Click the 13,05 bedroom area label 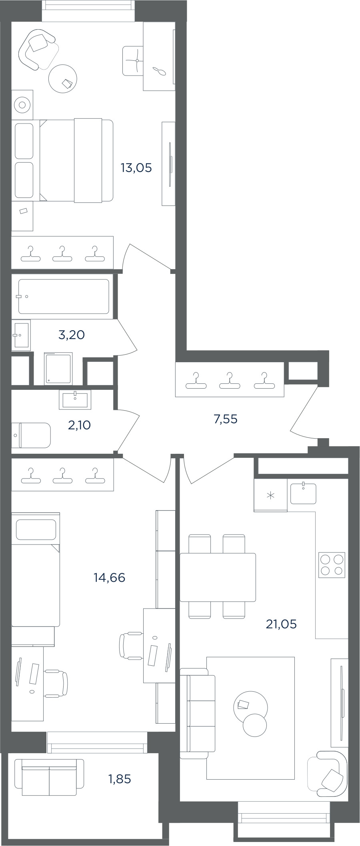(136, 168)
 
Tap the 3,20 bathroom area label (72, 335)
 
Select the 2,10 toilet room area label (79, 425)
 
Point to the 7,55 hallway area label (226, 419)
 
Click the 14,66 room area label (110, 577)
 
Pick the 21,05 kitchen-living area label (281, 624)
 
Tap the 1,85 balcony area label (120, 779)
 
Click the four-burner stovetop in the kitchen (332, 565)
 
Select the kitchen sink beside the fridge (303, 493)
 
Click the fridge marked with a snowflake (270, 495)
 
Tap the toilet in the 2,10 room (31, 435)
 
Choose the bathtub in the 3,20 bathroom (64, 296)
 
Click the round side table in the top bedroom (62, 78)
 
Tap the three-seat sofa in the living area (198, 713)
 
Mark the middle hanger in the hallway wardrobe (230, 380)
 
